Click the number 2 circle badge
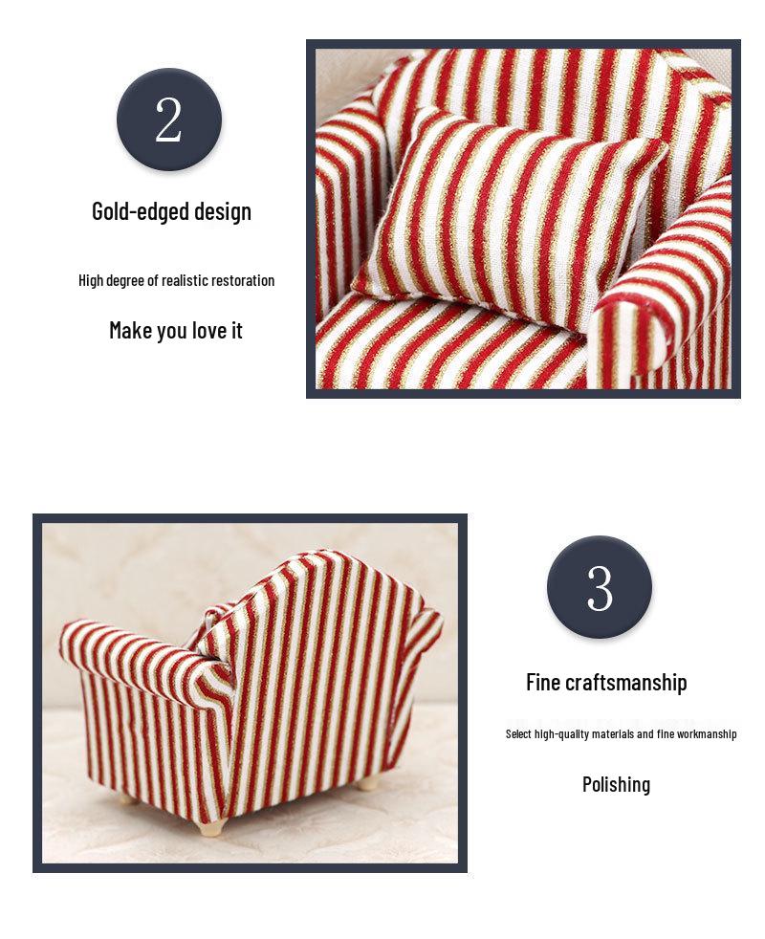[169, 120]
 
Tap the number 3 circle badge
[600, 587]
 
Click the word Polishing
[616, 784]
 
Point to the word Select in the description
[519, 734]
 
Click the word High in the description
[90, 280]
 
